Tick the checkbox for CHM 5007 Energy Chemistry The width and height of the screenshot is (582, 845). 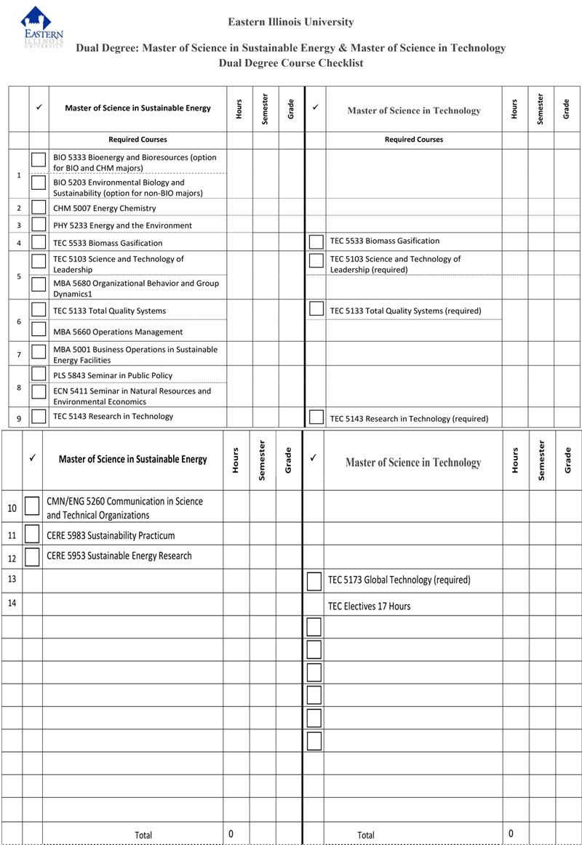click(39, 207)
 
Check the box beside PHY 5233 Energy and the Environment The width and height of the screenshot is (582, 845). click(39, 225)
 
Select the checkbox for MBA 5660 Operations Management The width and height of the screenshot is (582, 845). click(39, 330)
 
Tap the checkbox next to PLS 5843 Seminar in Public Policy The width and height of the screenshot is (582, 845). click(39, 374)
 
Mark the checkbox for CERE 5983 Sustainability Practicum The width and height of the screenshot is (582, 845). click(32, 534)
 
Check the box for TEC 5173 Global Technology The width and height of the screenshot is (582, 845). click(314, 581)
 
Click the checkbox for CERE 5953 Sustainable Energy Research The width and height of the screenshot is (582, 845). click(32, 556)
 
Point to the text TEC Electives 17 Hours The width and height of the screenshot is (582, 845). click(369, 606)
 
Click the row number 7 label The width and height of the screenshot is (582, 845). click(19, 354)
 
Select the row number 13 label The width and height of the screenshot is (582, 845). click(12, 579)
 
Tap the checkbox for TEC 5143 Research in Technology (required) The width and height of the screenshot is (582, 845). click(316, 417)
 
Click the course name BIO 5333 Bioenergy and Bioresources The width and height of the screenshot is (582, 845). click(135, 162)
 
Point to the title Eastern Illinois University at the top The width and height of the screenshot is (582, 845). click(291, 22)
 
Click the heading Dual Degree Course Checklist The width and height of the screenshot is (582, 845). click(291, 63)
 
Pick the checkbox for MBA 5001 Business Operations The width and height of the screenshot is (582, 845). click(39, 352)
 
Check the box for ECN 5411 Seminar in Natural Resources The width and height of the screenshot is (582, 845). click(39, 392)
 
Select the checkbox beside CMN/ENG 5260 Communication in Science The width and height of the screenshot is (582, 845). click(32, 505)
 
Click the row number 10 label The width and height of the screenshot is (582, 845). click(12, 508)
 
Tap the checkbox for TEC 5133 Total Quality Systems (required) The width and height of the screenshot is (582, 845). click(316, 308)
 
